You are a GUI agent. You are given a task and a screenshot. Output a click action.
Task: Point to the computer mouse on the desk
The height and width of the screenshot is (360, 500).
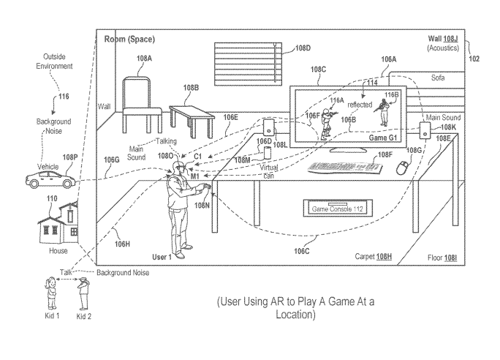click(x=401, y=168)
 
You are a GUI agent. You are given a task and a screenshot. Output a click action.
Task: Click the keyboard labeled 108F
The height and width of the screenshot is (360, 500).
click(x=344, y=167)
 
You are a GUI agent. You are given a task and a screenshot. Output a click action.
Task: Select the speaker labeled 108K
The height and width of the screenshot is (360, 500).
click(x=425, y=130)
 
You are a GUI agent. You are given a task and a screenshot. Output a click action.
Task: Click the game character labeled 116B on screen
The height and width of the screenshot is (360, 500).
click(x=383, y=110)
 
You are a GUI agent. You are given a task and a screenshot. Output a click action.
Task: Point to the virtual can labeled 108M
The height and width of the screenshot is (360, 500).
click(x=266, y=152)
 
